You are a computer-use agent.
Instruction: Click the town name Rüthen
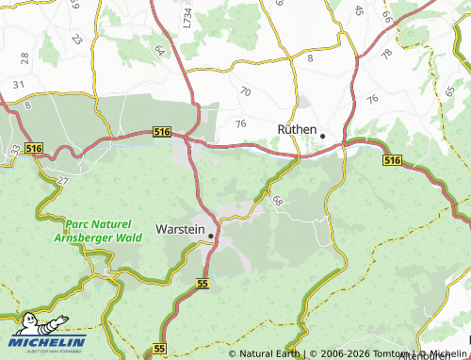coord(295,130)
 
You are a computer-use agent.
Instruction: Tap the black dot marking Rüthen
coord(322,136)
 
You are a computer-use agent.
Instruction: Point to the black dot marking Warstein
coord(211,236)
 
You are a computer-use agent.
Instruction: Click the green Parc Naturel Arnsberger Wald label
coord(104,231)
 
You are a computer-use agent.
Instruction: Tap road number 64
coord(159,50)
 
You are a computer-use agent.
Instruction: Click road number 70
coord(246,91)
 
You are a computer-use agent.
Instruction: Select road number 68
coord(277,200)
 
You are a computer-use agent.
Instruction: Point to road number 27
coord(62,179)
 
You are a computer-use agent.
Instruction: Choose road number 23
coord(76,41)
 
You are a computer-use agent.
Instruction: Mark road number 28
coord(24,58)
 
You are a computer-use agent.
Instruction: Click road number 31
coord(18,85)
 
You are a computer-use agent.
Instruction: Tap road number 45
coord(359,10)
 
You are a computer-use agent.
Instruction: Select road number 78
coord(385,55)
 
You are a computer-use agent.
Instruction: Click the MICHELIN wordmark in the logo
coord(48,341)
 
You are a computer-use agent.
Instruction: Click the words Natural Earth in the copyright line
coord(269,354)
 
